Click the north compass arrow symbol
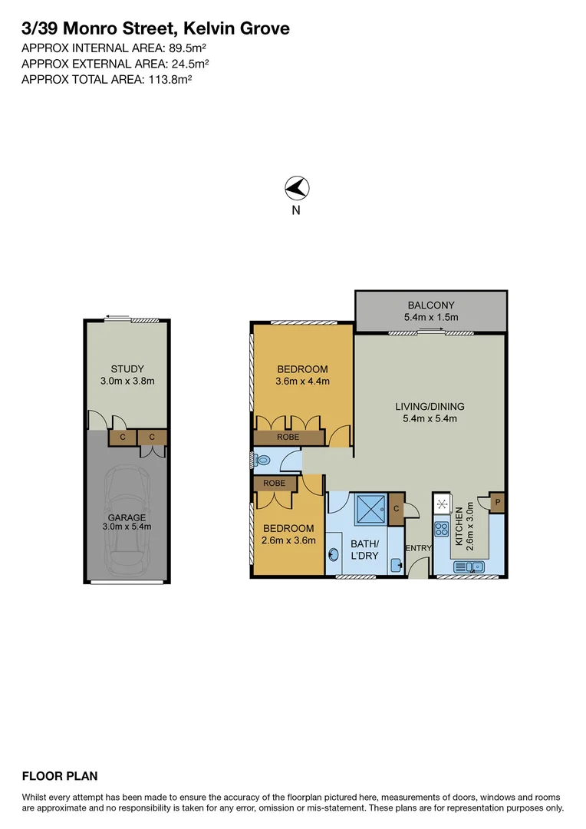(296, 187)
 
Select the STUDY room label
(127, 369)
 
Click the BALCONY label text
(430, 306)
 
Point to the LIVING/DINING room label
(430, 407)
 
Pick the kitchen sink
(468, 567)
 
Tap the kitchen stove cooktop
(443, 528)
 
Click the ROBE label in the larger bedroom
(288, 437)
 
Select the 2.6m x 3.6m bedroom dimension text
(288, 540)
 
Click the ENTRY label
(419, 548)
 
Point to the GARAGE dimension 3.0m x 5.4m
(127, 527)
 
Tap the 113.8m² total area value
(168, 78)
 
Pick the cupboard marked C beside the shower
(396, 508)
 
